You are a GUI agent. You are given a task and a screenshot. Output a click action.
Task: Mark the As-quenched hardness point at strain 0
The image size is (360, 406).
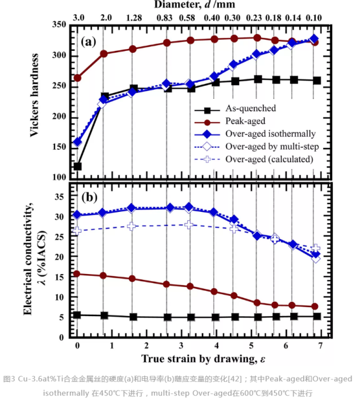pos(78,166)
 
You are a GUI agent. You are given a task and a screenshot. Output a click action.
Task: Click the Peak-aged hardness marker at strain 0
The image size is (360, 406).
pos(78,78)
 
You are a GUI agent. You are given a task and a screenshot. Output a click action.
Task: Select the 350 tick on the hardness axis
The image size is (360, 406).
pos(58,25)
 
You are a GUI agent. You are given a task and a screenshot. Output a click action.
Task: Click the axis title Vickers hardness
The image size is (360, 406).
pos(36,95)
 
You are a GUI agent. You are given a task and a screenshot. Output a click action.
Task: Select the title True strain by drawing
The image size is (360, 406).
pos(201,359)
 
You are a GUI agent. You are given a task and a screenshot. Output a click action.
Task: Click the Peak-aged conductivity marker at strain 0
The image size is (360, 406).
pos(78,273)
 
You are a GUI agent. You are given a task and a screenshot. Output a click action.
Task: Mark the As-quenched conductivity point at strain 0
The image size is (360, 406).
pos(78,315)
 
